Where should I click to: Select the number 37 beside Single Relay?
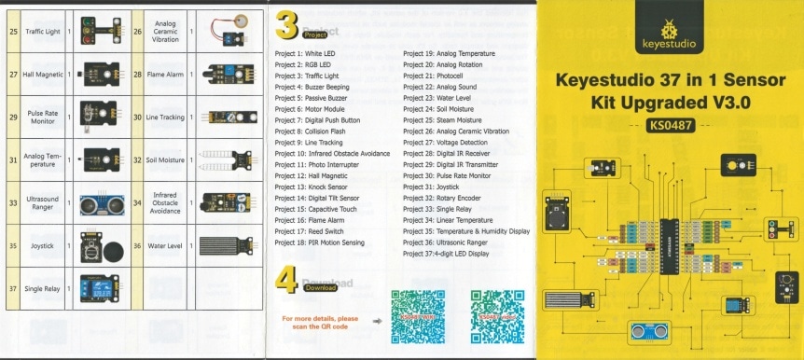(13, 289)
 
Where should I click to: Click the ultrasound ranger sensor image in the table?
(99, 202)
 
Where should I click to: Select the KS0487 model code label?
(665, 125)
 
